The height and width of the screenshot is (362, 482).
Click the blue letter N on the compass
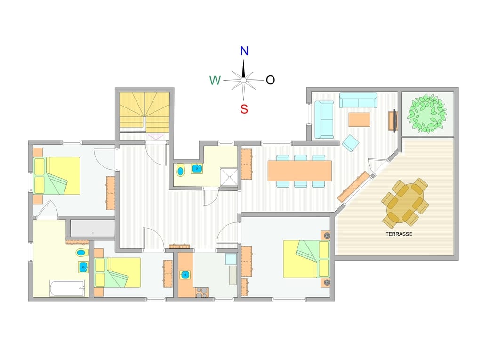[x=244, y=51]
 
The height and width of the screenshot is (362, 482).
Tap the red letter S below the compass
[x=244, y=109]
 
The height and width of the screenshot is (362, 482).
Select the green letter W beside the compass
[x=215, y=81]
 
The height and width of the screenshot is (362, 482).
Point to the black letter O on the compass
[x=270, y=80]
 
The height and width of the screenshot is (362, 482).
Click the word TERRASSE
[x=399, y=234]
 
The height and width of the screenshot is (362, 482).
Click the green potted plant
[x=427, y=114]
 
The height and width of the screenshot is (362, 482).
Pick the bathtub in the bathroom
[x=67, y=288]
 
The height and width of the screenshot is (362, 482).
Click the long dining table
[x=299, y=171]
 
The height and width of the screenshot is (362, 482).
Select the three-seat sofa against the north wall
[x=358, y=100]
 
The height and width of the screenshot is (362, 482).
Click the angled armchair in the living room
[x=350, y=143]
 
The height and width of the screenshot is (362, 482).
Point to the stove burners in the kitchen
[x=201, y=292]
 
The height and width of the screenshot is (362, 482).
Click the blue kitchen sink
[x=186, y=274]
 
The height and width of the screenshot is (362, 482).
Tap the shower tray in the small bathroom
[x=230, y=177]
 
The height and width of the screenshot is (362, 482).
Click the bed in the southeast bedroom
[x=306, y=259]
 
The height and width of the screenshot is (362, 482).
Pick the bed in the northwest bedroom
[x=56, y=176]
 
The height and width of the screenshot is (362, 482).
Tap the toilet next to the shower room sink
[x=180, y=170]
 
